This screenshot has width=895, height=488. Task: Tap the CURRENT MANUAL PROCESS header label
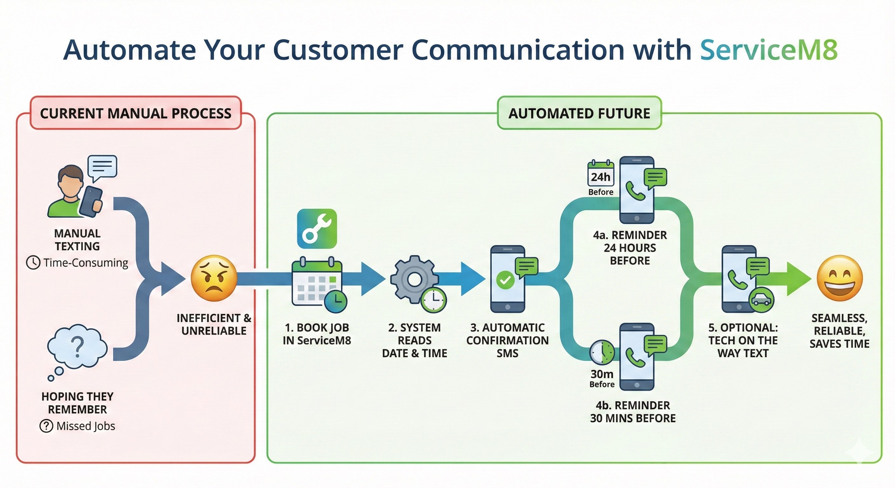point(135,113)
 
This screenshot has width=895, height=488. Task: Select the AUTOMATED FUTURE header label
point(579,113)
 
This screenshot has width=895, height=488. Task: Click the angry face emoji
point(214,278)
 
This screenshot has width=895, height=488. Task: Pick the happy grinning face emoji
point(839,278)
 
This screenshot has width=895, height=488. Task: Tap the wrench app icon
point(317,228)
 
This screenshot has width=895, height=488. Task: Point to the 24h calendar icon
point(600,174)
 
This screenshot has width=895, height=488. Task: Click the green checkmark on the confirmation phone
point(505,280)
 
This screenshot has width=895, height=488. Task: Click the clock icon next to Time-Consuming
point(33,262)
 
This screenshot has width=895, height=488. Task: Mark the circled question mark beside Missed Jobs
point(46,426)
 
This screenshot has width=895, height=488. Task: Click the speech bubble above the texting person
point(102,167)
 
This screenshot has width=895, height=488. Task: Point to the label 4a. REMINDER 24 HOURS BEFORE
point(630,247)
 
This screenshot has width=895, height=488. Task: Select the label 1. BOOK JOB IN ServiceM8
point(317,334)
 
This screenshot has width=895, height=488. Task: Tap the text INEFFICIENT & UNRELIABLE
point(214,324)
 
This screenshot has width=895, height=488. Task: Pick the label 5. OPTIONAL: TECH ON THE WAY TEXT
point(743,340)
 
